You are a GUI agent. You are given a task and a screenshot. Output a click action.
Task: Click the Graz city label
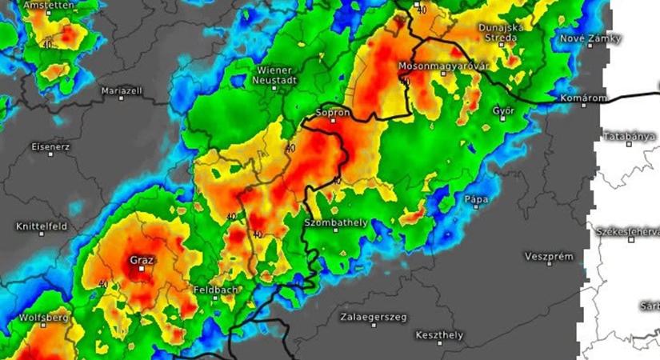[142, 259]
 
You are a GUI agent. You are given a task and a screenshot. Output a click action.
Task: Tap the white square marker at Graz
[142, 270]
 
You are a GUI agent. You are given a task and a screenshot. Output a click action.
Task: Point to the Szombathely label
[335, 220]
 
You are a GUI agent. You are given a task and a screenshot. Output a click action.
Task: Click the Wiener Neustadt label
[277, 75]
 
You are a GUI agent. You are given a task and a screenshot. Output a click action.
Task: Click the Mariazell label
[121, 90]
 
